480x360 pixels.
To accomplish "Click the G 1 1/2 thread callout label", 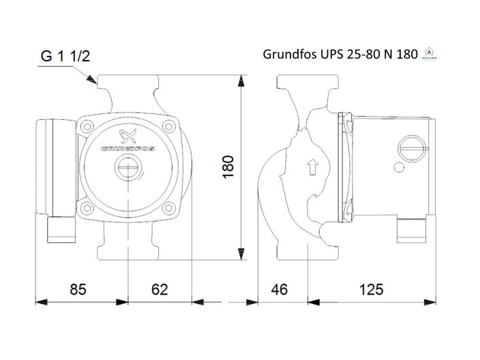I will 65,57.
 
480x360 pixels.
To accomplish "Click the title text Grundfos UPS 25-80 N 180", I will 340,55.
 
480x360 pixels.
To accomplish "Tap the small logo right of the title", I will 428,52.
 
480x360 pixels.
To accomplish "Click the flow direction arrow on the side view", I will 312,166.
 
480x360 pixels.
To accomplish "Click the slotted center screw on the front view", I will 127,166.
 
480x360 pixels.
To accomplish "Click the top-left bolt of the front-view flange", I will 86,125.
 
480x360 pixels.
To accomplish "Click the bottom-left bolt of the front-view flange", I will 86,209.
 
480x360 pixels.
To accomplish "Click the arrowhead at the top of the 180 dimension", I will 240,82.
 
